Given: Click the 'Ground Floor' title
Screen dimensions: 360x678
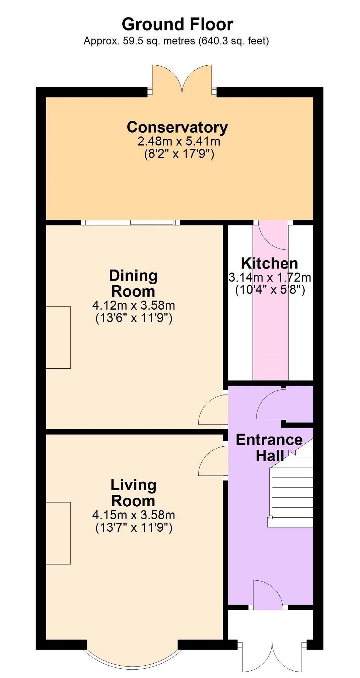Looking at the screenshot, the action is tap(177, 24).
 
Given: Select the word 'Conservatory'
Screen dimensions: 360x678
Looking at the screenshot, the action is tap(177, 127).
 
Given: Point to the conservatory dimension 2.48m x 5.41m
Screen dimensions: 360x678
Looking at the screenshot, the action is tap(179, 141).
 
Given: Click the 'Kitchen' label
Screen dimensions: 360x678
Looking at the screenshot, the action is tap(270, 263).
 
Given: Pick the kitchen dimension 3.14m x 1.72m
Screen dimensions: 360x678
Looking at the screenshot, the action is tap(270, 277).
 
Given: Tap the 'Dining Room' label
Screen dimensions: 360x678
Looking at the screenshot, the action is tap(133, 283).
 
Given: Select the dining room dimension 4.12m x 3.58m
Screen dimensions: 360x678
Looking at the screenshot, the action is tap(134, 305).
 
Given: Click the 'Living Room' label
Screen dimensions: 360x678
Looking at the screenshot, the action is tap(133, 493).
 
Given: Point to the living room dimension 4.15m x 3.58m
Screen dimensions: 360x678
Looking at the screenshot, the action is tap(134, 515).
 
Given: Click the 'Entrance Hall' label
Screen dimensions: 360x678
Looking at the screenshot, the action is tap(269, 448).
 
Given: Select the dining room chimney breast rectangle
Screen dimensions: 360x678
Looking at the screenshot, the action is tap(58, 337).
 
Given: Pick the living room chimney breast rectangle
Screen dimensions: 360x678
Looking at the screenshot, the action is tap(58, 533).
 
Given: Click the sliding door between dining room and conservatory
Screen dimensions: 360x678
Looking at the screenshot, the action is tap(131, 223).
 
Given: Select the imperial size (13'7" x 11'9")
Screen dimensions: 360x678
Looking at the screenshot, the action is tap(134, 528).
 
